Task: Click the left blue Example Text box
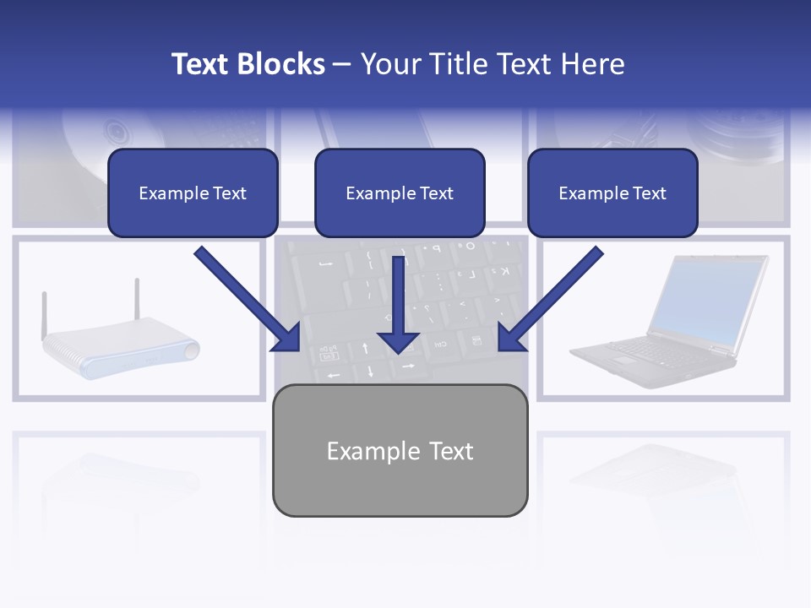[x=193, y=193]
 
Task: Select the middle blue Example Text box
[x=400, y=193]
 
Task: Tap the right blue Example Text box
[x=612, y=193]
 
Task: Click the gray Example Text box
[x=400, y=450]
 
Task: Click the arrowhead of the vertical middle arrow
[x=399, y=341]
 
